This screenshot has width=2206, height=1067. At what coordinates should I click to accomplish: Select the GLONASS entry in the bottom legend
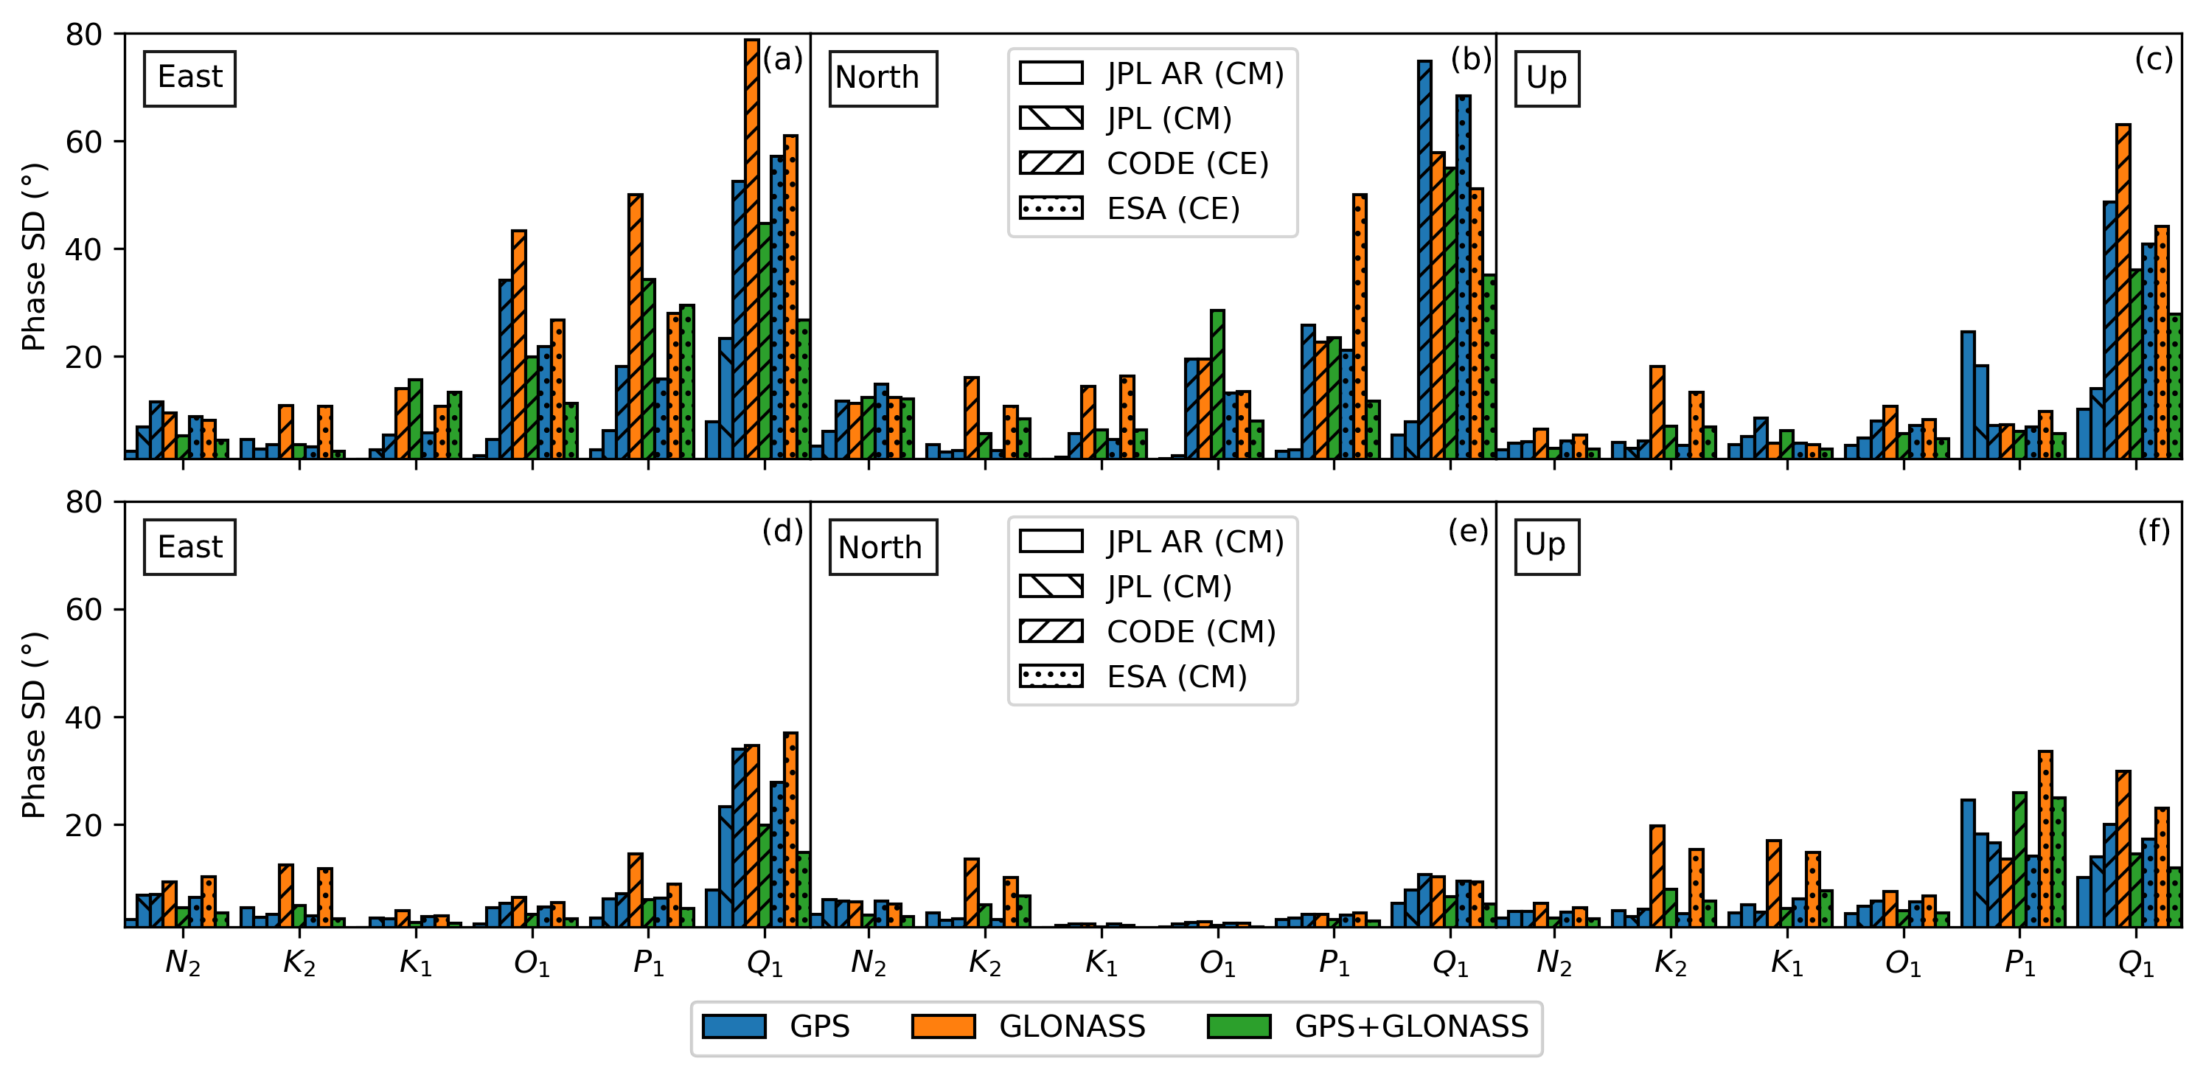(x=1029, y=1026)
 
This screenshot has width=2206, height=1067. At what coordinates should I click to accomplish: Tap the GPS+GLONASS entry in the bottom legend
(x=1368, y=1026)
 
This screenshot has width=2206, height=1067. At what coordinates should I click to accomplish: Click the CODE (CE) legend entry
(x=1144, y=163)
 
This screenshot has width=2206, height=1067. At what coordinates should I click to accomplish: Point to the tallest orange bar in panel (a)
(x=752, y=248)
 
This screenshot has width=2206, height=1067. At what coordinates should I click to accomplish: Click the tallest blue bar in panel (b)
(x=1424, y=257)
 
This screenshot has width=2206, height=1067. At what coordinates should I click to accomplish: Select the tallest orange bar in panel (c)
(x=2123, y=291)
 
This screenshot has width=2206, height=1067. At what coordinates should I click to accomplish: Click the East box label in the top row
(x=189, y=78)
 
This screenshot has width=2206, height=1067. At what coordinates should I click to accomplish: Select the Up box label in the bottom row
(x=1545, y=546)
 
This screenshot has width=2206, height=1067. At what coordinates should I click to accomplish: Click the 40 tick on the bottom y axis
(x=84, y=717)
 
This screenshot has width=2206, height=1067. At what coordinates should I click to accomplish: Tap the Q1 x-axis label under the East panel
(x=765, y=963)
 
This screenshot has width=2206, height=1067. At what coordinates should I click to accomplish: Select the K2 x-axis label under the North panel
(x=985, y=963)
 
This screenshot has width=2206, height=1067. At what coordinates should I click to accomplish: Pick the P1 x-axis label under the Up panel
(x=2019, y=963)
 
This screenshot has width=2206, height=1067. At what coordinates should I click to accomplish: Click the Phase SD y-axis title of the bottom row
(x=33, y=726)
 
